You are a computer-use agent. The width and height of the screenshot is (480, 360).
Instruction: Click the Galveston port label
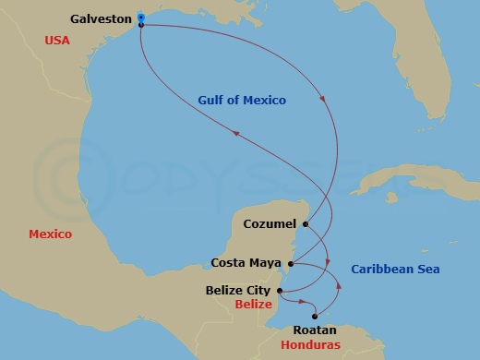pyautogui.click(x=99, y=18)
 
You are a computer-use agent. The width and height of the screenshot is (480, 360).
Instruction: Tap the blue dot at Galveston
pyautogui.click(x=140, y=18)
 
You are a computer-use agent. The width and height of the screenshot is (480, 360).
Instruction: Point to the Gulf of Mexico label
pyautogui.click(x=242, y=100)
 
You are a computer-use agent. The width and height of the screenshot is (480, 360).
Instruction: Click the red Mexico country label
pyautogui.click(x=50, y=234)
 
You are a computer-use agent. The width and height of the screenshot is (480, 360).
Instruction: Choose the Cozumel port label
pyautogui.click(x=270, y=223)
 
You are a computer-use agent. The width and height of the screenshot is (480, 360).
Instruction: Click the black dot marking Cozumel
pyautogui.click(x=305, y=223)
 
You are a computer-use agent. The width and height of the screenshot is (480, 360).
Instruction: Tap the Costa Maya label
pyautogui.click(x=247, y=263)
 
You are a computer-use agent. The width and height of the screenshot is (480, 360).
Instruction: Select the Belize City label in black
pyautogui.click(x=237, y=292)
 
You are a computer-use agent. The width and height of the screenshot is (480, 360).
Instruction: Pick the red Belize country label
pyautogui.click(x=253, y=305)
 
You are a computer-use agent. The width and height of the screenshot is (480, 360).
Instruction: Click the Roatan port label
pyautogui.click(x=313, y=330)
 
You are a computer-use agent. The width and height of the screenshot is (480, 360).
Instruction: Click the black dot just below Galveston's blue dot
pyautogui.click(x=140, y=25)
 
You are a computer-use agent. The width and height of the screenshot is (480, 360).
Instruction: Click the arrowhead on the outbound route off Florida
pyautogui.click(x=323, y=101)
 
